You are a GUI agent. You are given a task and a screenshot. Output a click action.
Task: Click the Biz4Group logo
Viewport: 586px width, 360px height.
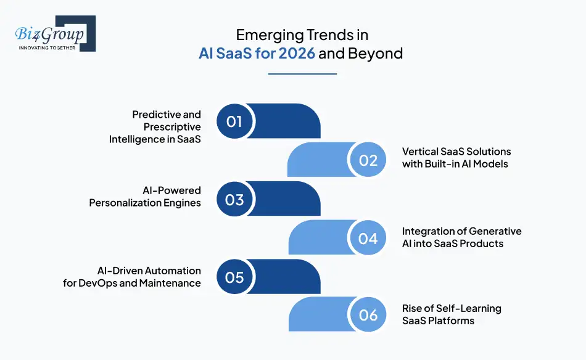[x=52, y=34]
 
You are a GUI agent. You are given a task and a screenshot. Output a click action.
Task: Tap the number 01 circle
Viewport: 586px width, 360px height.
[x=234, y=121]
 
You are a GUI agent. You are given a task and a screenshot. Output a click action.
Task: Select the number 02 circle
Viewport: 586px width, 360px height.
[x=368, y=160]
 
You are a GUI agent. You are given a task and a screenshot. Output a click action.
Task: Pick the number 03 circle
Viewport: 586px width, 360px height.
[x=234, y=199]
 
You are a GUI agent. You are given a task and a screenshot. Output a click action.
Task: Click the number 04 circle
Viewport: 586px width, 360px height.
[x=368, y=238]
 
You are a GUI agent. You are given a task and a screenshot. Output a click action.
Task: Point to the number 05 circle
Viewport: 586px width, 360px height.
[x=234, y=277]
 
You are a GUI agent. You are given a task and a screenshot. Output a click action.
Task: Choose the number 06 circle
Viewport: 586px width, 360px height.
[x=368, y=316]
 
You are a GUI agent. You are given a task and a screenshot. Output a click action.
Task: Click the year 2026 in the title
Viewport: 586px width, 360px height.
[x=297, y=53]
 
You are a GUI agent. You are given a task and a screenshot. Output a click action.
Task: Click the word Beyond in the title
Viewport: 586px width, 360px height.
[x=375, y=53]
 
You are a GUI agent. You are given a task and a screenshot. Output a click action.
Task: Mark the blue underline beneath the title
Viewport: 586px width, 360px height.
[x=302, y=74]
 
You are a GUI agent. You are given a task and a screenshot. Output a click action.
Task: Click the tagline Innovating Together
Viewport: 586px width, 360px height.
[x=47, y=48]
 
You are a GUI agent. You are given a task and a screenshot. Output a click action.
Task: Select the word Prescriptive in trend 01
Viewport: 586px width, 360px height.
[x=172, y=126]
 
